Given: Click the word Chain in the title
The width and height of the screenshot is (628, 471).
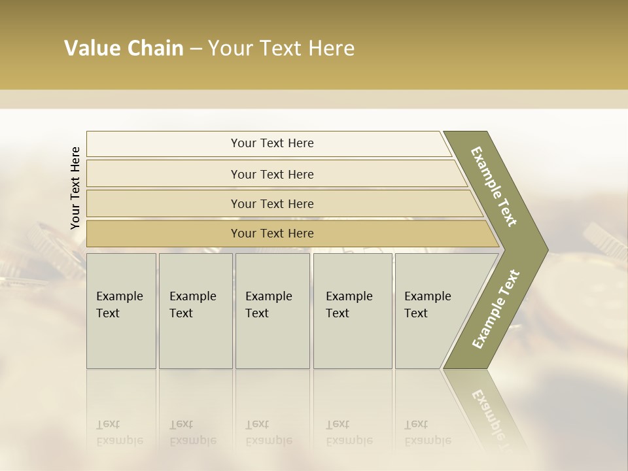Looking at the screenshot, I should [x=155, y=48].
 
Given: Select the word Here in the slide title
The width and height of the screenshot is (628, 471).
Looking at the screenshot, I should [x=331, y=48].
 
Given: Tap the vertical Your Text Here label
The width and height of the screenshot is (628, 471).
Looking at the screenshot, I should [x=75, y=188].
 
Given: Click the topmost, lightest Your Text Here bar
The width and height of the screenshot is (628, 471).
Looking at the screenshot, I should [x=271, y=143].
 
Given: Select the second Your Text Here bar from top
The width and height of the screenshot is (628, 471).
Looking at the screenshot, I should [x=271, y=174].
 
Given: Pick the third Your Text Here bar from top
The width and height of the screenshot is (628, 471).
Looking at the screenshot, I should [x=271, y=203].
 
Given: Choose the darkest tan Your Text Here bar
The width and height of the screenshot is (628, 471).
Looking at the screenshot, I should [x=271, y=234].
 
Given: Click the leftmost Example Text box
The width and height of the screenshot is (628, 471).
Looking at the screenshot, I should [x=121, y=311].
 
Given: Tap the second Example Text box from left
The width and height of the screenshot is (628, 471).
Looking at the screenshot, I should [x=196, y=311].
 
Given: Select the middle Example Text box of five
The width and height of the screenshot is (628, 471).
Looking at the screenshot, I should [x=272, y=311].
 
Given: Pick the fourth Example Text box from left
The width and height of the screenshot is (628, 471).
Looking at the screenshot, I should [x=353, y=311].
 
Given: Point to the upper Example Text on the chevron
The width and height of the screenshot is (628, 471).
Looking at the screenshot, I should [x=494, y=186].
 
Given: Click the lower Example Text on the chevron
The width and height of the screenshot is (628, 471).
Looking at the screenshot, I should [x=495, y=309].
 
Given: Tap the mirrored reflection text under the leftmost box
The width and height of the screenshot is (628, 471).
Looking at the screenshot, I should [x=119, y=432].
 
